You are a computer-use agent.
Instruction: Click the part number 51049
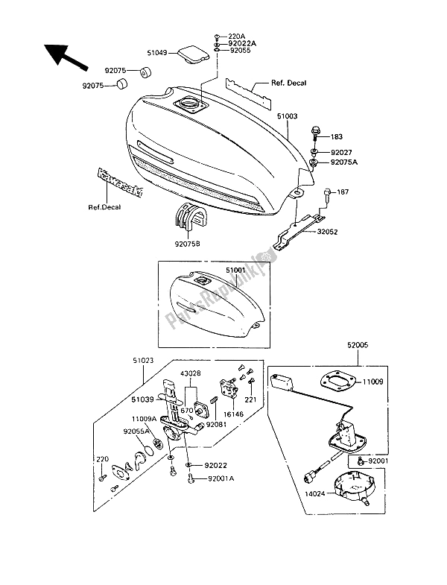159,53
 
